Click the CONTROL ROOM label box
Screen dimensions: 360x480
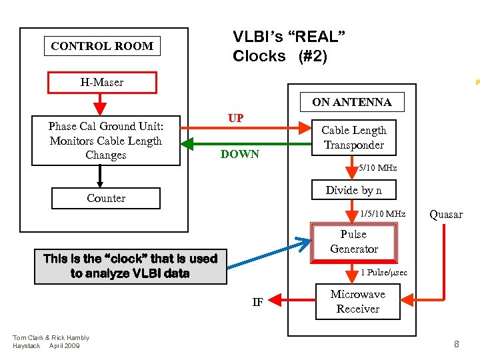coord(102,46)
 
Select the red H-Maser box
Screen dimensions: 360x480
coord(102,83)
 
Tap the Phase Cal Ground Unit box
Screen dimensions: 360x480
coord(106,141)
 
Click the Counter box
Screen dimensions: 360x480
coord(106,198)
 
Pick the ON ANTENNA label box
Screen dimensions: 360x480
coord(351,102)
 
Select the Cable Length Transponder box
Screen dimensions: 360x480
coord(353,138)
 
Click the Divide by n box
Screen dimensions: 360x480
coord(353,190)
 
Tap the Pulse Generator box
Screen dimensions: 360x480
coord(353,242)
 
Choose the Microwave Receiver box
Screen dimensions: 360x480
coord(357,301)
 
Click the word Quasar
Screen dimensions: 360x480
coord(445,214)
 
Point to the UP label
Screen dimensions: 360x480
coord(235,118)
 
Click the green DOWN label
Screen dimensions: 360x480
coord(239,154)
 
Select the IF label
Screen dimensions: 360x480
coord(257,302)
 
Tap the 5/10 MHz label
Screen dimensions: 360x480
coord(377,168)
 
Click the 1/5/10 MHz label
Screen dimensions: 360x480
coord(383,214)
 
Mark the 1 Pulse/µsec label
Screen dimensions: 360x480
coord(383,272)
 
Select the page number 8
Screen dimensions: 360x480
coord(457,344)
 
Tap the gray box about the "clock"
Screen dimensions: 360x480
coord(130,266)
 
